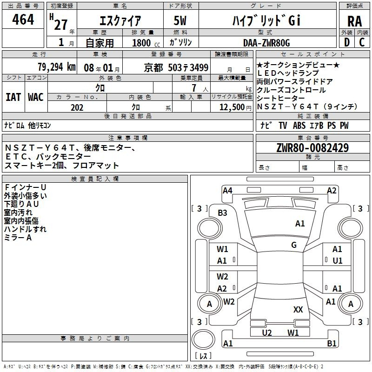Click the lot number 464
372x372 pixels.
pyautogui.click(x=23, y=19)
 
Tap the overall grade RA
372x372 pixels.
pyautogui.click(x=354, y=21)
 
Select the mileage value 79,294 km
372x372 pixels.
pyautogui.click(x=57, y=67)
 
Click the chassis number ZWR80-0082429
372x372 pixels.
pyautogui.click(x=312, y=148)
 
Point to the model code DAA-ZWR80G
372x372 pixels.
pyautogui.click(x=266, y=43)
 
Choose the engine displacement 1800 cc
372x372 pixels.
pyautogui.click(x=146, y=43)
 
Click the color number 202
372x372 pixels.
pyautogui.click(x=77, y=107)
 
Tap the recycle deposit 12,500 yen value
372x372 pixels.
pyautogui.click(x=235, y=107)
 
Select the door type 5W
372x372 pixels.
pyautogui.click(x=180, y=20)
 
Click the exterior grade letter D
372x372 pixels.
pyautogui.click(x=346, y=42)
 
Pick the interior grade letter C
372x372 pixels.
pyautogui.click(x=362, y=42)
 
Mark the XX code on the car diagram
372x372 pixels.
pyautogui.click(x=298, y=310)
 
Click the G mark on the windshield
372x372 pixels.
pyautogui.click(x=294, y=245)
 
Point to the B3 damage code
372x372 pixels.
pyautogui.click(x=222, y=213)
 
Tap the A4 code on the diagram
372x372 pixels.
pyautogui.click(x=227, y=191)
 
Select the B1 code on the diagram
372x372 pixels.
pyautogui.click(x=332, y=343)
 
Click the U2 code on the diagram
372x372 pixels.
pyautogui.click(x=266, y=332)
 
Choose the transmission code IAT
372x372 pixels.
pyautogui.click(x=13, y=97)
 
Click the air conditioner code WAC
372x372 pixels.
pyautogui.click(x=36, y=97)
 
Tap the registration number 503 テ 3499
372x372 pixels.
pyautogui.click(x=188, y=67)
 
